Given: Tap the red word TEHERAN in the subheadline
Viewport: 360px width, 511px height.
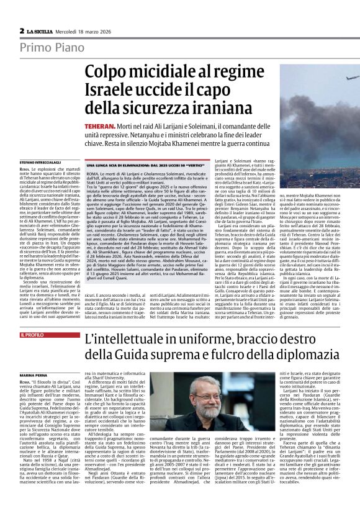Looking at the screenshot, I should pyautogui.click(x=101, y=126).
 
